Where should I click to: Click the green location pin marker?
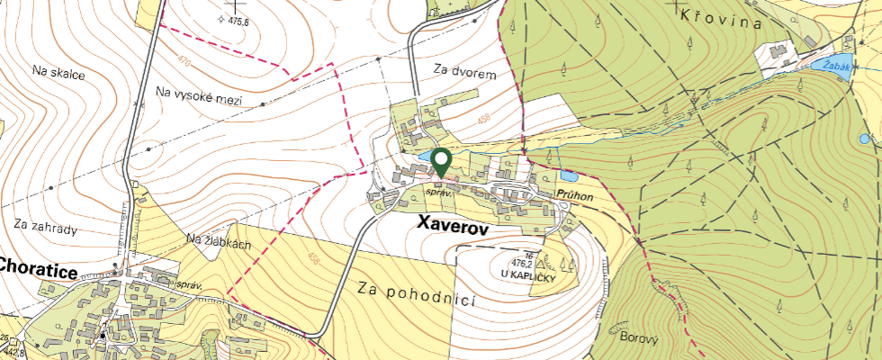pos(441,162)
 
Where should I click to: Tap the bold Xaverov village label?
pos(452,229)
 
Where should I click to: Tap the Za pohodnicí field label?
pos(416,293)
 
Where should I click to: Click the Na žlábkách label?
pos(220,241)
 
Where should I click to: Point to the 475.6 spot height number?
pos(238,20)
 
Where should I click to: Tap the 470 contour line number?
pos(184,62)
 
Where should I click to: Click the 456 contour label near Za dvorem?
pos(485,118)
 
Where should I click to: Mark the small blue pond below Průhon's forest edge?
pos(567,175)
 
